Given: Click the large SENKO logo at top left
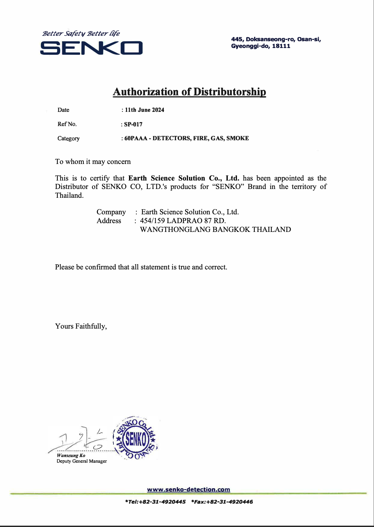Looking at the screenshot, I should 91,48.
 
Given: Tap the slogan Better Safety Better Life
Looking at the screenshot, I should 81,33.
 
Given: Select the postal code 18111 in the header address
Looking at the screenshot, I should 281,46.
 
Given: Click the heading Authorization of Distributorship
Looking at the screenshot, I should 189,92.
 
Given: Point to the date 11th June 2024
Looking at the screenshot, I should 144,110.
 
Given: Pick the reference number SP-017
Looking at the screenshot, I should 133,124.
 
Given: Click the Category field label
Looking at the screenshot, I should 69,138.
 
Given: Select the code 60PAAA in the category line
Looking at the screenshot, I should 136,138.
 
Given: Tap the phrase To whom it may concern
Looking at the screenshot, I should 93,162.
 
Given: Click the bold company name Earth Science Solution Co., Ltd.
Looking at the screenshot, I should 184,178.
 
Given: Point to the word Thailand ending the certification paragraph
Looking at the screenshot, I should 69,195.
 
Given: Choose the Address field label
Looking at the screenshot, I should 109,221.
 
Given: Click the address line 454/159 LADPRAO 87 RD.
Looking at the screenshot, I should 183,221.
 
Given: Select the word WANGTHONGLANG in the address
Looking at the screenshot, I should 175,230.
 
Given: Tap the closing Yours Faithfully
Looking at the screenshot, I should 81,326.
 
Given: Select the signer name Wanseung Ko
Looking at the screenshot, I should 71,455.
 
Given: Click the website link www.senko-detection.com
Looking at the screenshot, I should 189,489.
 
